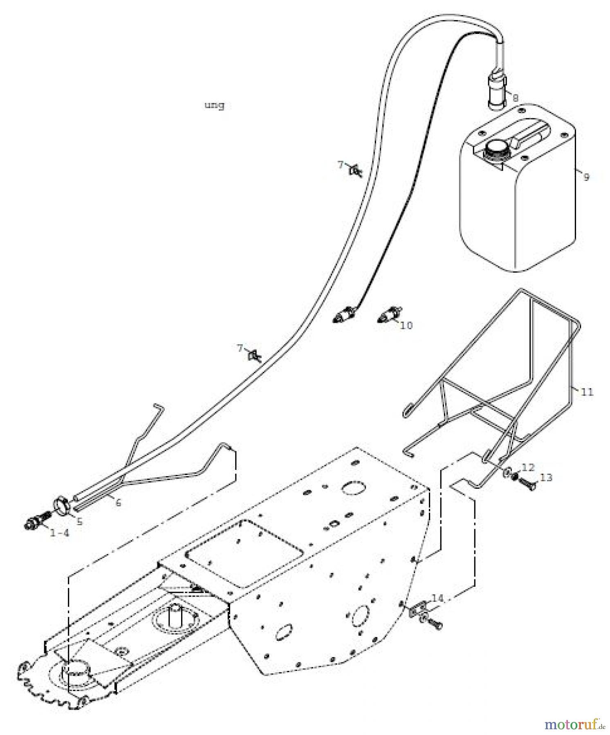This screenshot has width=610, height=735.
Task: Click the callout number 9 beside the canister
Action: pyautogui.click(x=586, y=177)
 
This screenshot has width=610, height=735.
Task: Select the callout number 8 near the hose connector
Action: pyautogui.click(x=515, y=98)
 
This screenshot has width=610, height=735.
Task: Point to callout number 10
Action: pyautogui.click(x=406, y=325)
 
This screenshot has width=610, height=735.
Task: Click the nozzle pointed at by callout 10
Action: pyautogui.click(x=389, y=314)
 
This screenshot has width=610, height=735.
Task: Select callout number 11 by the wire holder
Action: pyautogui.click(x=587, y=392)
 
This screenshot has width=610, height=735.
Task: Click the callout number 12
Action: pyautogui.click(x=528, y=467)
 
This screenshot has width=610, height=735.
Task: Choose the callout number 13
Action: pyautogui.click(x=546, y=477)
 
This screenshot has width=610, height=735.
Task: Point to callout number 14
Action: pyautogui.click(x=437, y=598)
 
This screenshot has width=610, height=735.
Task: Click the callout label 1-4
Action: pyautogui.click(x=60, y=533)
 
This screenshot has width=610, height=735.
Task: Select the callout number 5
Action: pyautogui.click(x=79, y=521)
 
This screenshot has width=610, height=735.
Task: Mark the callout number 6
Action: pyautogui.click(x=118, y=503)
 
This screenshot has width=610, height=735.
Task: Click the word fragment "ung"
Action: pyautogui.click(x=214, y=105)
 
